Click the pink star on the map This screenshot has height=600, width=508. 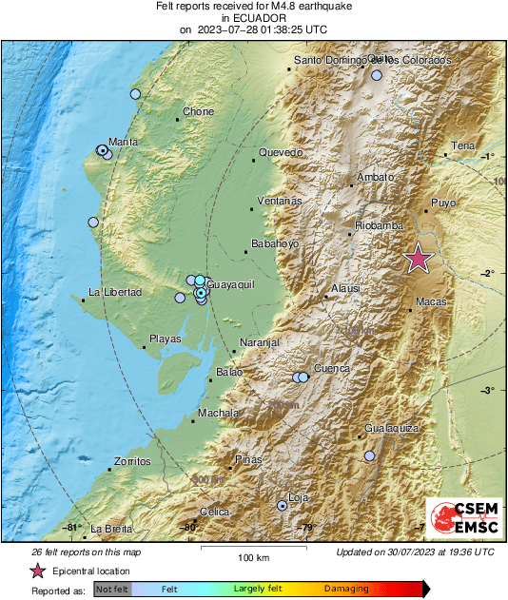(418, 259)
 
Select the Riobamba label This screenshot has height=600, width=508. (379, 225)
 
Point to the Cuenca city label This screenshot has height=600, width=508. (332, 368)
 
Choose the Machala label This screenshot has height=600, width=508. (217, 413)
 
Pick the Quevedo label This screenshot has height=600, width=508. (281, 152)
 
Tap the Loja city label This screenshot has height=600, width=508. (298, 497)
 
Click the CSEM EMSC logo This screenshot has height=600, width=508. (460, 519)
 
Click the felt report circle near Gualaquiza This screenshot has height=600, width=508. (370, 456)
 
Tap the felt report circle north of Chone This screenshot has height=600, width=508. (135, 94)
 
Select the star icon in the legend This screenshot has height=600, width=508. (37, 571)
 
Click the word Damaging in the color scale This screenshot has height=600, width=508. (346, 590)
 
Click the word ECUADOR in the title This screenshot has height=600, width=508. (252, 17)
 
